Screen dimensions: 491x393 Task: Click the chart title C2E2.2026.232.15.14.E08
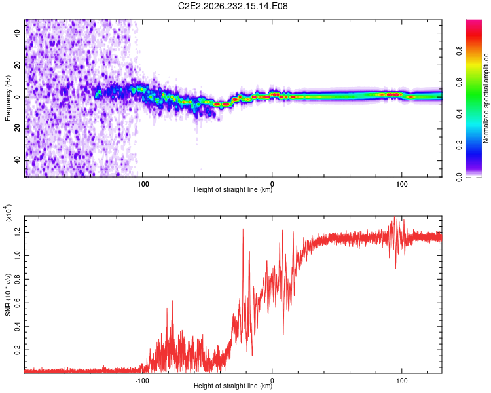point(232,6)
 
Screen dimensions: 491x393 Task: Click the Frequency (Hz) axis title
point(8,98)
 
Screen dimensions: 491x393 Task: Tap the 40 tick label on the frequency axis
point(18,33)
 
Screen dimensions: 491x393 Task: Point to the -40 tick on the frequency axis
point(18,160)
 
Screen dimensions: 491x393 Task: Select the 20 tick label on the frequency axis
point(18,65)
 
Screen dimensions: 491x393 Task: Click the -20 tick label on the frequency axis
point(18,129)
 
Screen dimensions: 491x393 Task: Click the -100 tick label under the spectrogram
point(142,184)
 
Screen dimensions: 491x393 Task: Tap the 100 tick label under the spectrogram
point(402,184)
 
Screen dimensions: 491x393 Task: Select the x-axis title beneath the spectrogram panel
point(233,189)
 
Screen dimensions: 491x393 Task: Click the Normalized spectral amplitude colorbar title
point(486,98)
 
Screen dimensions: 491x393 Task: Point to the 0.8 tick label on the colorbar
point(459,51)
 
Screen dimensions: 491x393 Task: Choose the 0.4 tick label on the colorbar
point(459,114)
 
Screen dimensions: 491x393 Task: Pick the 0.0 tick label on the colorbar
point(459,177)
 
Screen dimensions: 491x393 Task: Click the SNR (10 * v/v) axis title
point(8,295)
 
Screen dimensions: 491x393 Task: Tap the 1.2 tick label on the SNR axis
point(18,233)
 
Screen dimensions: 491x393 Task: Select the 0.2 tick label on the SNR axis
point(18,350)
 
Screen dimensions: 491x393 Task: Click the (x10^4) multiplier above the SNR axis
point(9,213)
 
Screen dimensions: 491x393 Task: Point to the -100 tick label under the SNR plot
point(142,381)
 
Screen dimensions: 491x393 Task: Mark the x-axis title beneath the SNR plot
point(233,386)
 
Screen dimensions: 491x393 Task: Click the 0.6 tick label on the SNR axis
point(18,303)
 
